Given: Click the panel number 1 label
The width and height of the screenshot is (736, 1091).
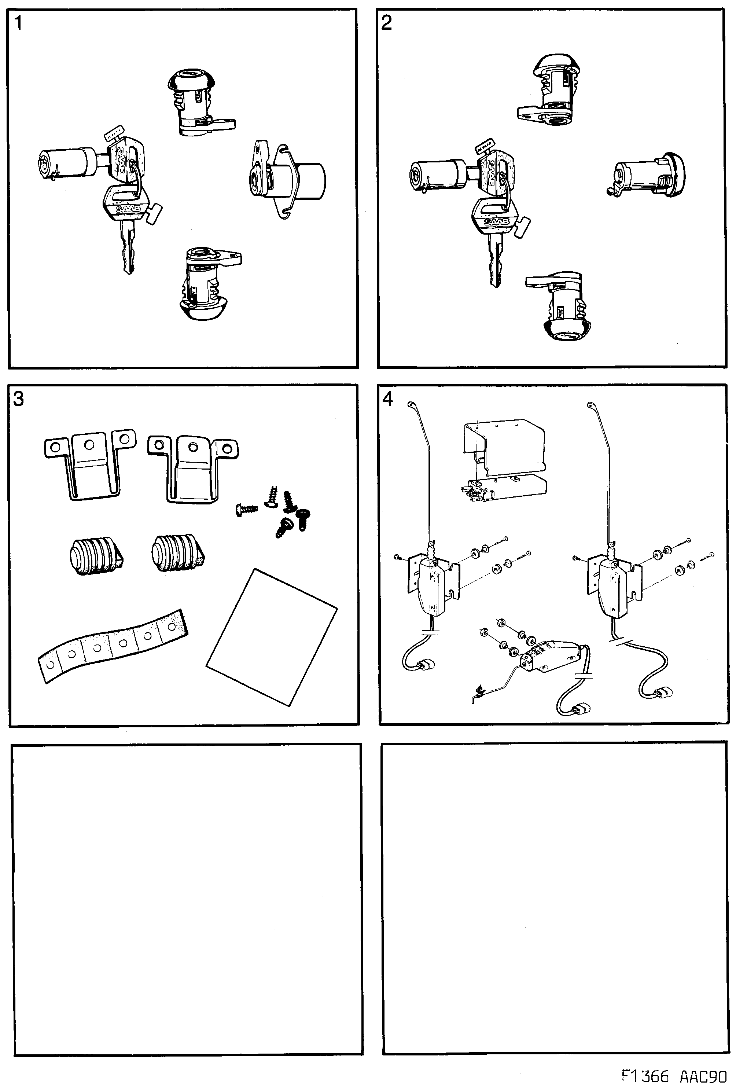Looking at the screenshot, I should (18, 23).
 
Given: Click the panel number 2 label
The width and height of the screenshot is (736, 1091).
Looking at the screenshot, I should (386, 23).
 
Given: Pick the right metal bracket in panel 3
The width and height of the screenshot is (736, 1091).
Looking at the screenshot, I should (192, 467).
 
